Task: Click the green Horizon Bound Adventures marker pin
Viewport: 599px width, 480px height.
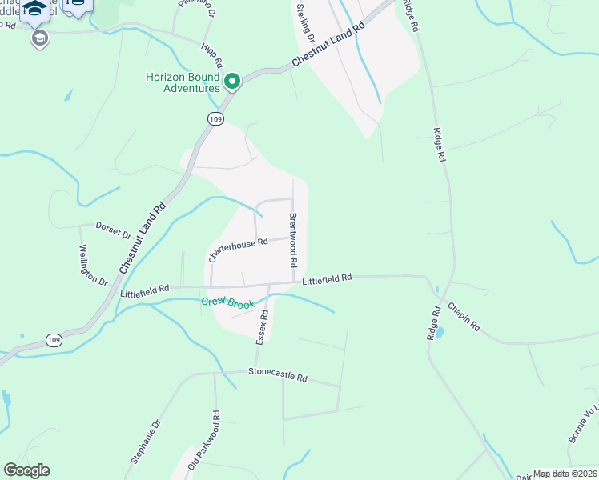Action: point(233,82)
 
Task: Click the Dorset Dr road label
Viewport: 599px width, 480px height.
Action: point(114,230)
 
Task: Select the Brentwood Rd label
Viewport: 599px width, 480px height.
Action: point(293,241)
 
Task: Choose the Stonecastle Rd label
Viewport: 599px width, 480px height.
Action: point(278,374)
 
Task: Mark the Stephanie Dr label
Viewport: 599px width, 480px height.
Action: point(146,442)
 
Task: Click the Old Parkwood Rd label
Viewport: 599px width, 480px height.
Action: point(203,440)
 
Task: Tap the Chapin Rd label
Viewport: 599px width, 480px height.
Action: point(464,317)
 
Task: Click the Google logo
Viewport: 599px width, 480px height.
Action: point(26,470)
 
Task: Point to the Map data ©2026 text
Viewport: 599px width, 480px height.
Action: point(565,474)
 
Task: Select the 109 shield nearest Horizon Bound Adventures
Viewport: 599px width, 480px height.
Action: point(215,118)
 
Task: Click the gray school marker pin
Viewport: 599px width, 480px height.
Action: point(38,38)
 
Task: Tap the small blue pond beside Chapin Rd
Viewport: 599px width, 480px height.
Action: point(438,331)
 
